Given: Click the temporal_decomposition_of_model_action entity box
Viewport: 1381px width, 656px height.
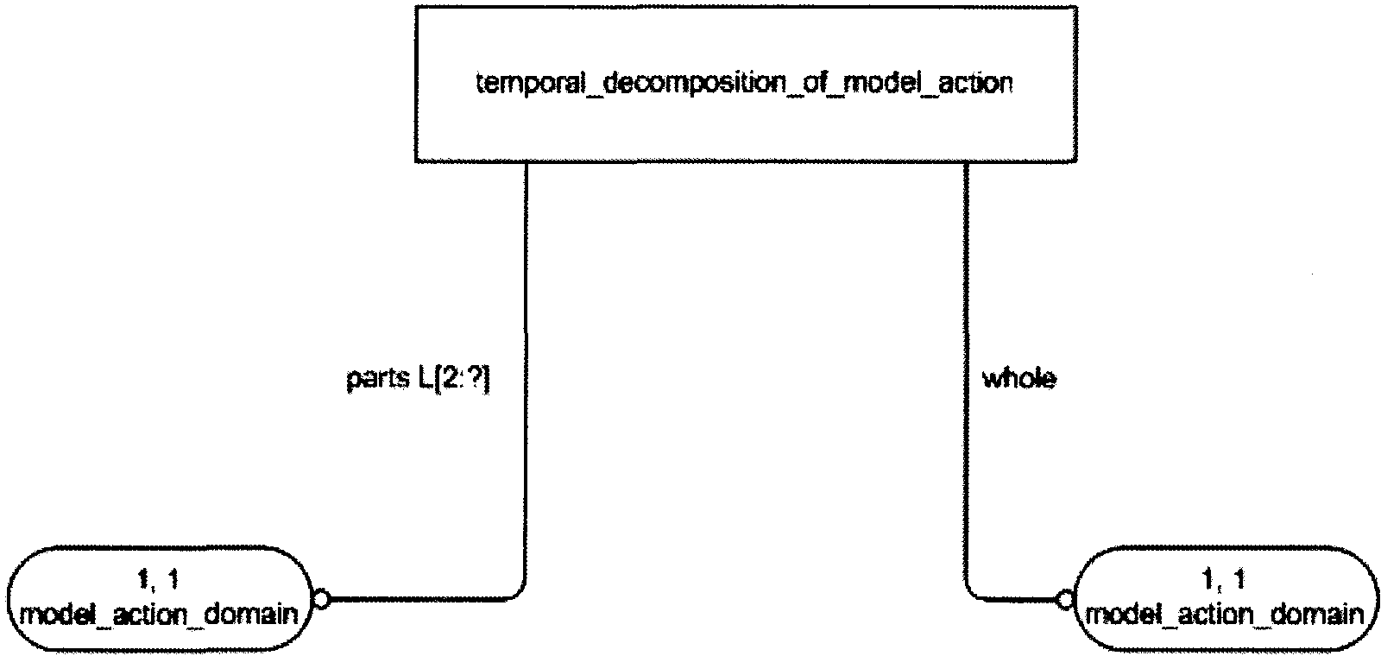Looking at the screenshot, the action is (745, 84).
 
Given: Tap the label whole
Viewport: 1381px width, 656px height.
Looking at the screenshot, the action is (1018, 379).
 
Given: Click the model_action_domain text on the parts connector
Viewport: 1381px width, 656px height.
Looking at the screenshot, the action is (161, 615).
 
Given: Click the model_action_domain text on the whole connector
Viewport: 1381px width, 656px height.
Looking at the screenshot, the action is (1225, 615).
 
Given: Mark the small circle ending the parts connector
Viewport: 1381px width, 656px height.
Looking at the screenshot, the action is (321, 598).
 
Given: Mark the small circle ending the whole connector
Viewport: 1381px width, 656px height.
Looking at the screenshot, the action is (1063, 598).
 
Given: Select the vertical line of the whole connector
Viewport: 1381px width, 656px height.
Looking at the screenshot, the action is (966, 345).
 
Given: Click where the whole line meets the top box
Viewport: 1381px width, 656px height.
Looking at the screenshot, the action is (966, 161).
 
